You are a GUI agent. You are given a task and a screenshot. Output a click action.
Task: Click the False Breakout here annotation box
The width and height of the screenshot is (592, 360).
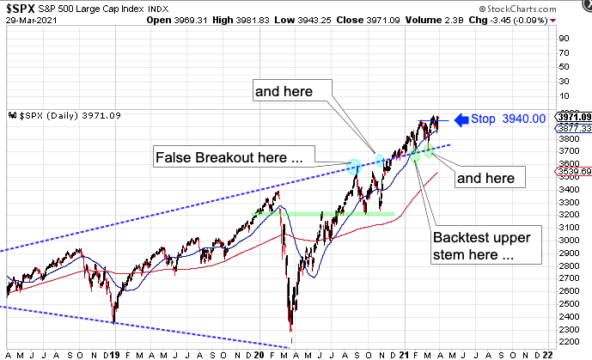pyautogui.click(x=229, y=157)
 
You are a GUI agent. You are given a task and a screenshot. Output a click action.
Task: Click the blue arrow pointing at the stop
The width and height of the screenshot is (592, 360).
pyautogui.click(x=460, y=119)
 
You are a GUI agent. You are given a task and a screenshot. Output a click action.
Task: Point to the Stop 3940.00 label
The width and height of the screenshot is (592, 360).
pyautogui.click(x=510, y=119)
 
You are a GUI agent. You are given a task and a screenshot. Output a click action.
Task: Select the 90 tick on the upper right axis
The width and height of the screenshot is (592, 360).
pyautogui.click(x=565, y=38)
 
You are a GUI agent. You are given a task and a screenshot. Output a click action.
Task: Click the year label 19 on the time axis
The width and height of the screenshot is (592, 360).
pyautogui.click(x=116, y=354)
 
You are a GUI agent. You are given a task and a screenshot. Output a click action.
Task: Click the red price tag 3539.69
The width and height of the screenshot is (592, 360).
pyautogui.click(x=575, y=172)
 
